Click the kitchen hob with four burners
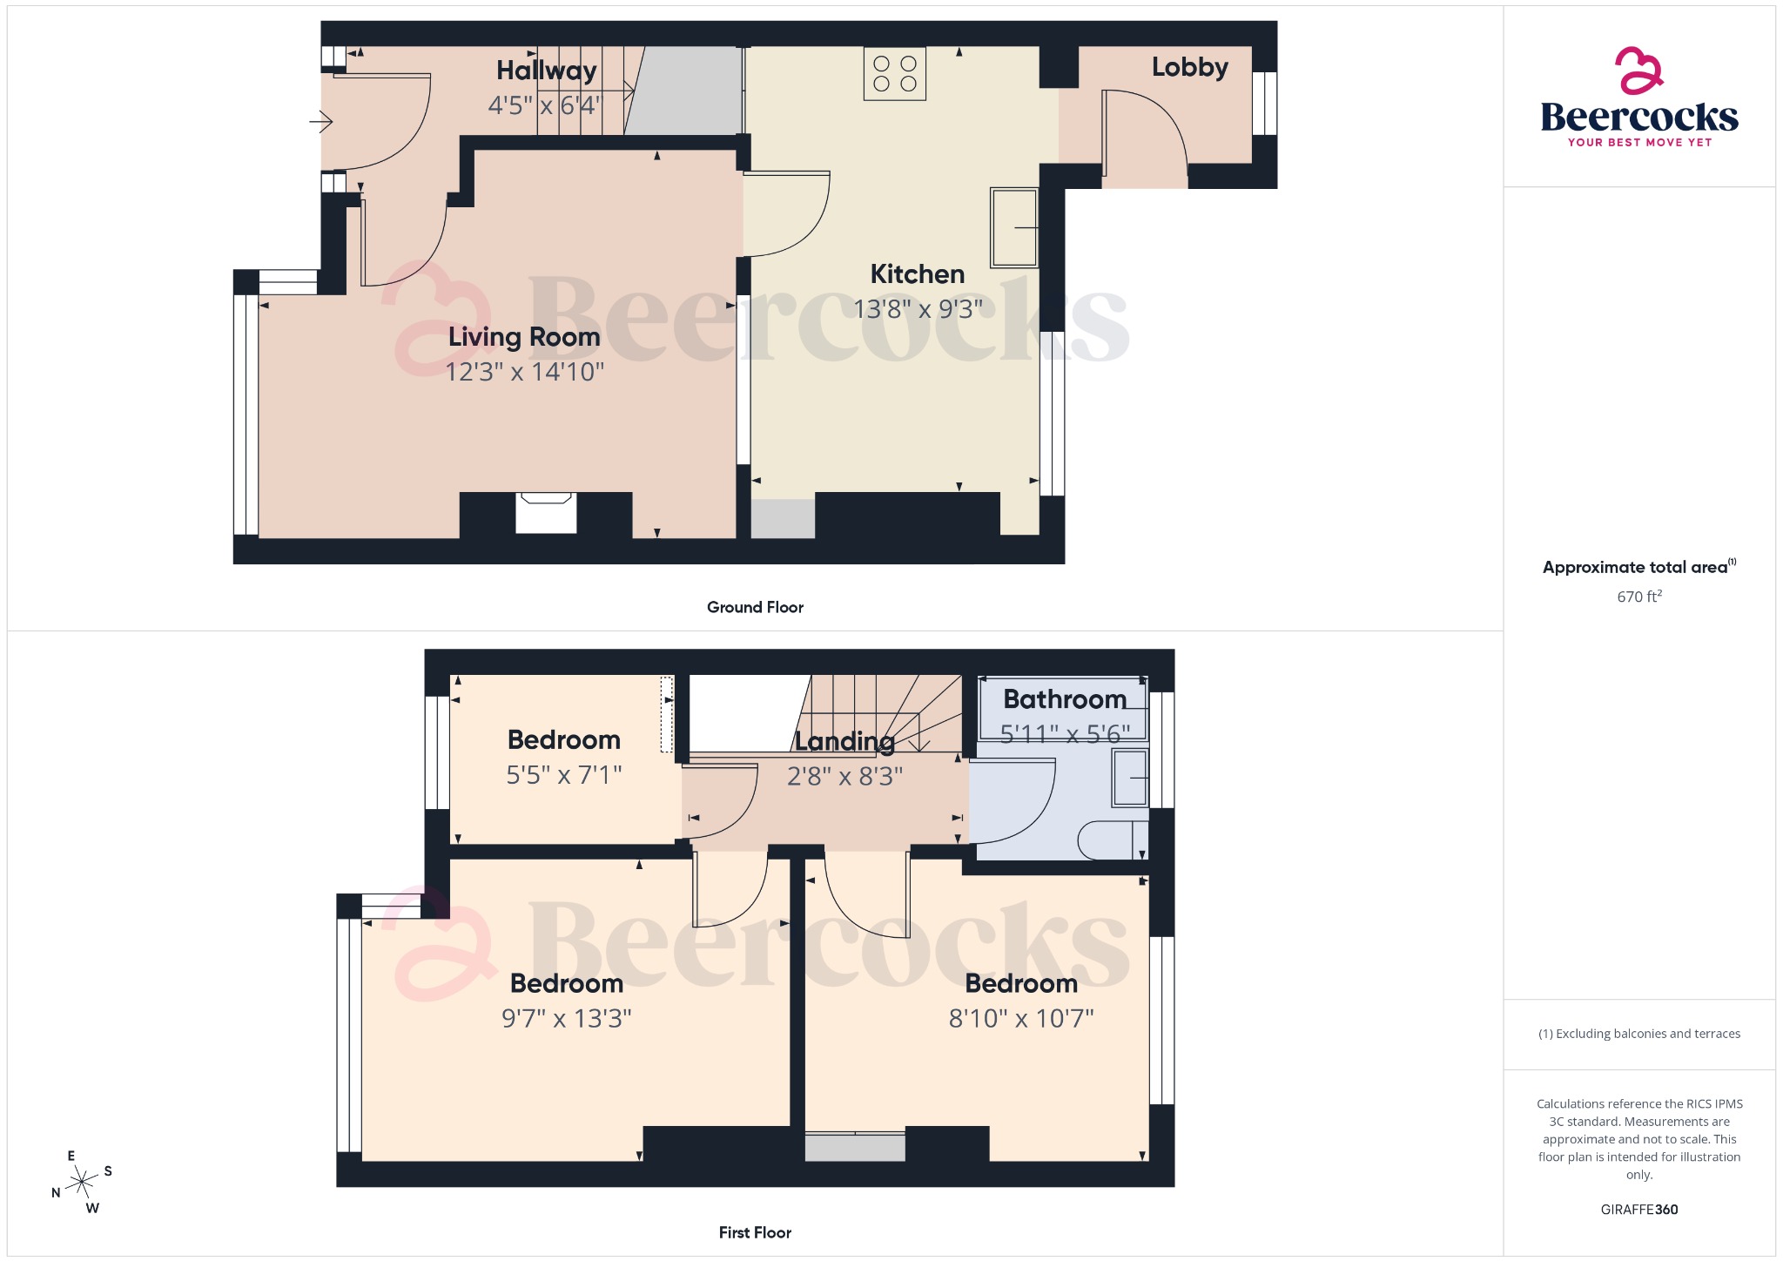point(895,74)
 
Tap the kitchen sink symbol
point(1014,227)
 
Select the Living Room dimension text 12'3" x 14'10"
point(525,372)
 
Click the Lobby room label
point(1189,67)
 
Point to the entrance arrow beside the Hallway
point(321,121)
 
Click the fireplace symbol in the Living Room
point(546,512)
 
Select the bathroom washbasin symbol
point(1130,779)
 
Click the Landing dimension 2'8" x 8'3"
point(844,776)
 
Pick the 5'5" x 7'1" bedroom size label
point(564,774)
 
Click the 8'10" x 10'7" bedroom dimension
point(1021,1018)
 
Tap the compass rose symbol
point(83,1182)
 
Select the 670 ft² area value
point(1638,597)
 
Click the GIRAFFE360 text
point(1638,1209)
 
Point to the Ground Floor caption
point(755,607)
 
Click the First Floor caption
point(755,1232)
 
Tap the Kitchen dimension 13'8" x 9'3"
point(918,309)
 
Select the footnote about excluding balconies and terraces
point(1638,1034)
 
